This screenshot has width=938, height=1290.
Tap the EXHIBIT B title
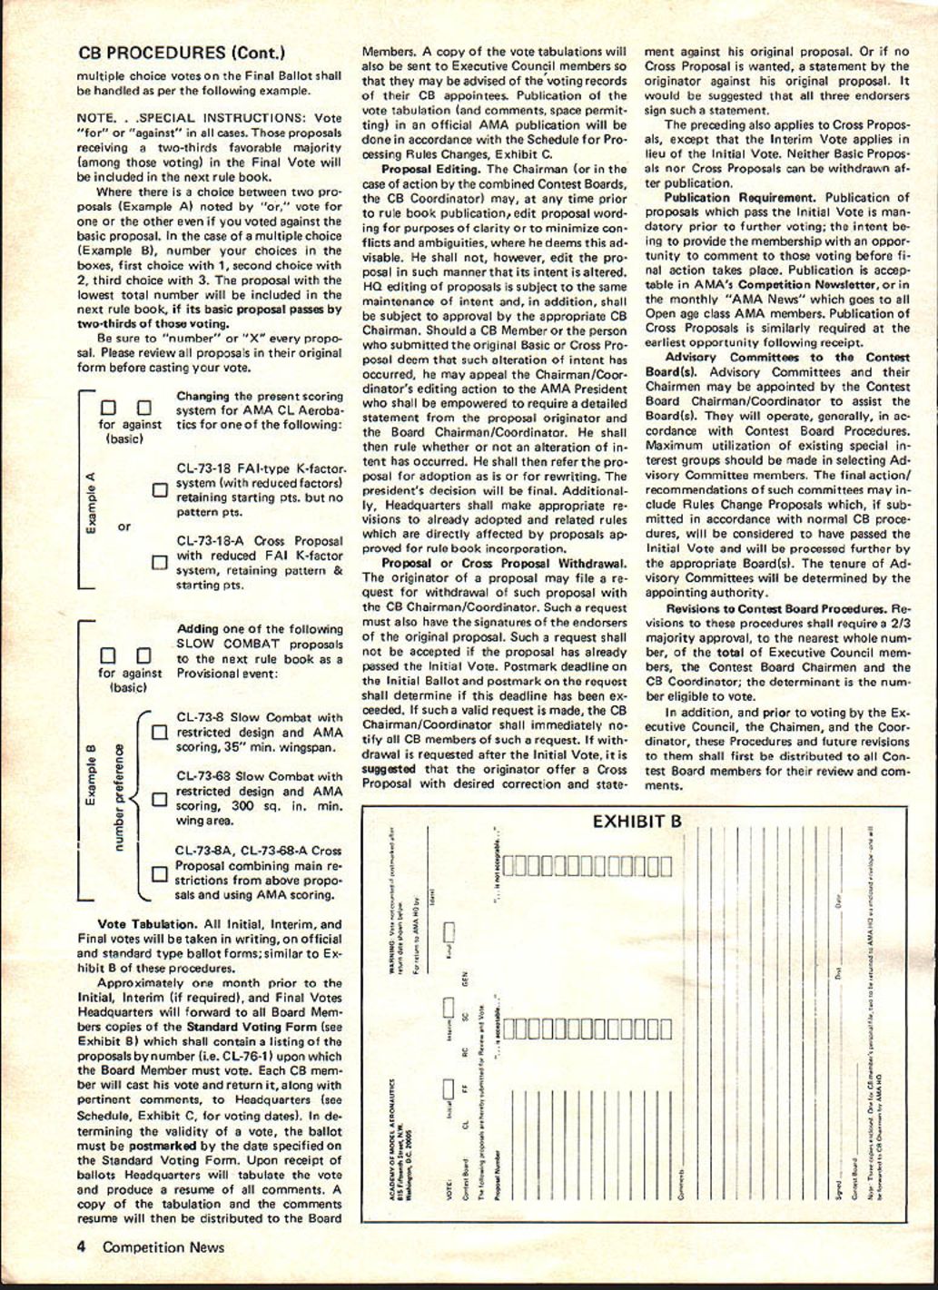tap(637, 822)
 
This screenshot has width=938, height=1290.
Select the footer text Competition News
tap(163, 1247)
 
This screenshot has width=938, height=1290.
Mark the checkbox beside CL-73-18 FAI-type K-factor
tap(159, 491)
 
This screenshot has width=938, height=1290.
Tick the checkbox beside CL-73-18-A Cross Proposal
tap(159, 562)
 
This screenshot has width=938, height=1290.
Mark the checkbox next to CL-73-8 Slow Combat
tap(159, 732)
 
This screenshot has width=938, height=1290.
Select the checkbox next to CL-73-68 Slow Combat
tap(159, 799)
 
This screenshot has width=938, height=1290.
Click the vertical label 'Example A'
tap(91, 508)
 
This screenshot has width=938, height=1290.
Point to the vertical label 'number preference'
tap(117, 799)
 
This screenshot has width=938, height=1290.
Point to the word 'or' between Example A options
tap(124, 527)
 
